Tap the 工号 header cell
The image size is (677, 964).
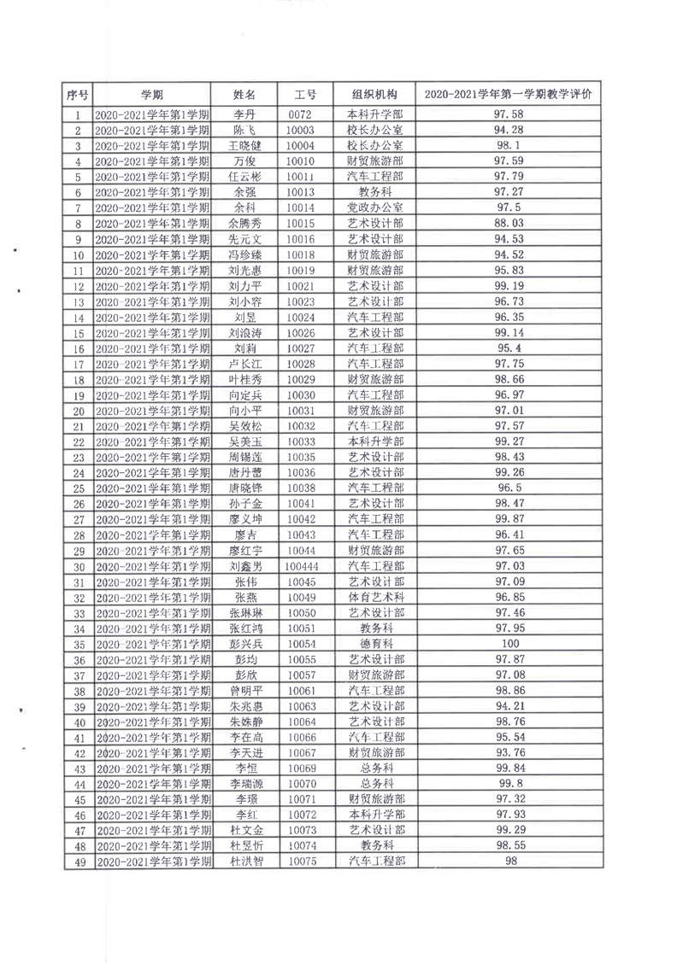(305, 94)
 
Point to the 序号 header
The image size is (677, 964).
(78, 94)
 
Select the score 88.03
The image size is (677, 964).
(509, 223)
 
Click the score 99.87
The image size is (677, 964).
(509, 519)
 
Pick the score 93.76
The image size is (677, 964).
(509, 753)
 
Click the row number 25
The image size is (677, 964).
(78, 488)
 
